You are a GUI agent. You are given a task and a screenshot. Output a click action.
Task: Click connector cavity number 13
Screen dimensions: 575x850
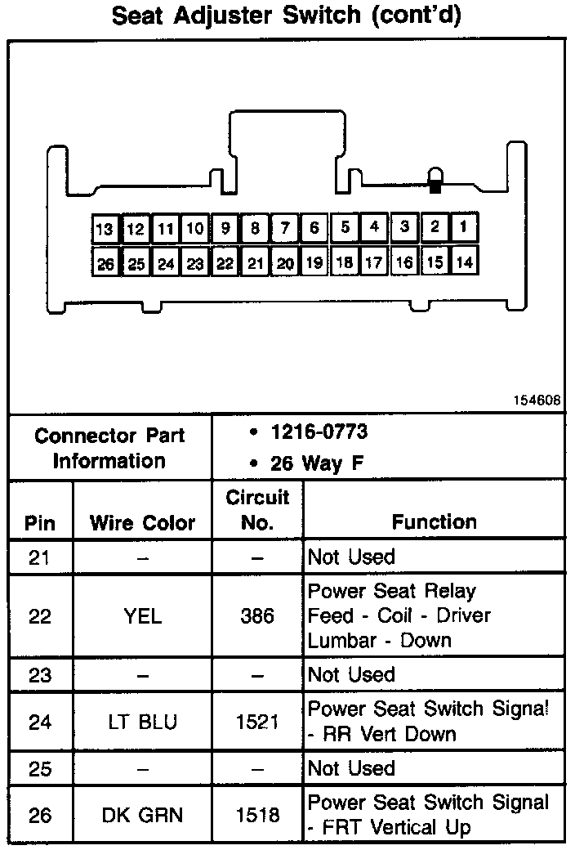[105, 229]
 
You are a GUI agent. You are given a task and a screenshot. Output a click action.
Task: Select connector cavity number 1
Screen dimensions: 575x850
[463, 227]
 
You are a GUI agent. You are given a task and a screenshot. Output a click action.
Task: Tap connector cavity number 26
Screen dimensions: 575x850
[105, 264]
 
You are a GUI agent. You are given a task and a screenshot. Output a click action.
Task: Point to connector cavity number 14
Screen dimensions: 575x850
[463, 262]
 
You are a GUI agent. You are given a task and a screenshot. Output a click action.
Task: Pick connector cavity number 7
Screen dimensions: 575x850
[284, 228]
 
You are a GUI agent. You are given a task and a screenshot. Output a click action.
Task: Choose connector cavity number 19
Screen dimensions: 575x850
[314, 263]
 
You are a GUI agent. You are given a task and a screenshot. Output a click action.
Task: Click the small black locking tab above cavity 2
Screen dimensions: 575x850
[435, 186]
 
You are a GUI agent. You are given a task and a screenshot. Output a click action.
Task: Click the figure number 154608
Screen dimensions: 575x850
[537, 401]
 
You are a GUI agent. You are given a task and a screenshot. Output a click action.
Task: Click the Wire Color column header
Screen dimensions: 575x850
[143, 523]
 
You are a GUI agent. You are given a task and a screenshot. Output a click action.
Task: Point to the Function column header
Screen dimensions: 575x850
[434, 521]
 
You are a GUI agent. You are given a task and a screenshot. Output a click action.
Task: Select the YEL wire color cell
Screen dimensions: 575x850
[143, 615]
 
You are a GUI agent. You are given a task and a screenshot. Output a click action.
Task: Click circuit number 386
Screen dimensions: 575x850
[257, 615]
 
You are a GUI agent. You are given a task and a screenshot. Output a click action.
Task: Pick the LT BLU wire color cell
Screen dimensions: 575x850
[143, 722]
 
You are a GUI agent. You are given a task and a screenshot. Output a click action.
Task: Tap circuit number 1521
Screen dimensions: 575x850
[257, 722]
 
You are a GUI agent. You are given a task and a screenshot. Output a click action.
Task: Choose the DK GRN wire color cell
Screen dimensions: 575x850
[143, 815]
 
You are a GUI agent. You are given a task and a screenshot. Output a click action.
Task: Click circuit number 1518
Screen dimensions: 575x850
[257, 815]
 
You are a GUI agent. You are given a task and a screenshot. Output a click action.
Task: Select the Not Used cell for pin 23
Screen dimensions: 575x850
[351, 675]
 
